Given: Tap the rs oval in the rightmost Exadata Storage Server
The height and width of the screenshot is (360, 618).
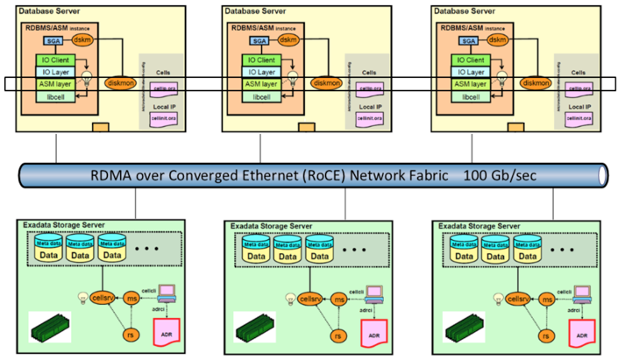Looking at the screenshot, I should click(x=544, y=334).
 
